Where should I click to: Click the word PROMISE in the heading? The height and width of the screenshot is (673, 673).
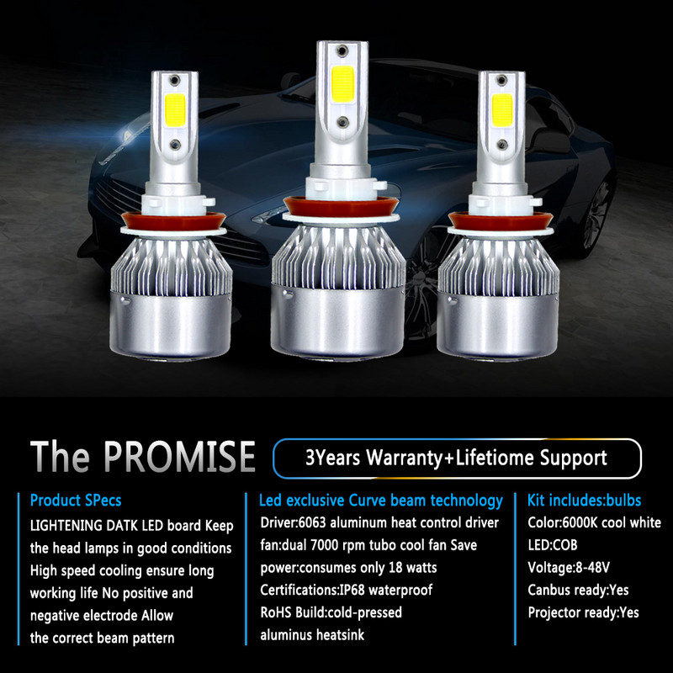pyautogui.click(x=181, y=455)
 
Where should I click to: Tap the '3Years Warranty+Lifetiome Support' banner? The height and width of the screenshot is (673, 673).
pyautogui.click(x=457, y=458)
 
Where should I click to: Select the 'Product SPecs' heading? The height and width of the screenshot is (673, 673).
pyautogui.click(x=76, y=501)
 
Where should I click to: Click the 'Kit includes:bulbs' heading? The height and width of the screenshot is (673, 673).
pyautogui.click(x=585, y=501)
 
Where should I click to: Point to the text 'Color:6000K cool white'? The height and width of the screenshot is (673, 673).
pyautogui.click(x=594, y=522)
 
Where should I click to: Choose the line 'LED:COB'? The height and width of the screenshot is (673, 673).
pyautogui.click(x=554, y=545)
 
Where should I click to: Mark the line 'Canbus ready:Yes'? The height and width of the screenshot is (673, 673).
pyautogui.click(x=578, y=590)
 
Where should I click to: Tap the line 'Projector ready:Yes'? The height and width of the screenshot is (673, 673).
pyautogui.click(x=583, y=612)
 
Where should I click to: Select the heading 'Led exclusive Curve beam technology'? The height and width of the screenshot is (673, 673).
pyautogui.click(x=381, y=501)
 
